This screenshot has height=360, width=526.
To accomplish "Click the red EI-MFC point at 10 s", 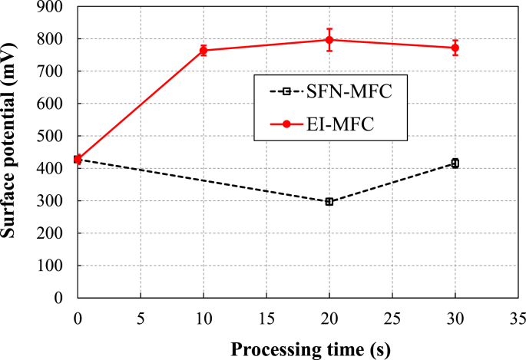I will pyautogui.click(x=203, y=50).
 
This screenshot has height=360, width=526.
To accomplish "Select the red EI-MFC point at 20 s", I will pyautogui.click(x=329, y=40).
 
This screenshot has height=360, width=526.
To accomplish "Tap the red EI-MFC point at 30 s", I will pyautogui.click(x=455, y=48).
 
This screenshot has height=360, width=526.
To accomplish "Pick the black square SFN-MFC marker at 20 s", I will pyautogui.click(x=329, y=202).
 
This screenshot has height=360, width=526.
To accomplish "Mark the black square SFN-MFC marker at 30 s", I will pyautogui.click(x=455, y=163).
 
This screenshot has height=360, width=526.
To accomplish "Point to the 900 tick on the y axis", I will pyautogui.click(x=53, y=7).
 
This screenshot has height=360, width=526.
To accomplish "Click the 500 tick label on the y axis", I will pyautogui.click(x=53, y=136).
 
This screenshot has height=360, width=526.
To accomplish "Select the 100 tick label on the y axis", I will pyautogui.click(x=53, y=266).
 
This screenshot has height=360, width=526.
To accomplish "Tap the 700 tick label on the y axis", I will pyautogui.click(x=53, y=71).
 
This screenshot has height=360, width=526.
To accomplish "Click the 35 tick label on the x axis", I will pyautogui.click(x=518, y=315).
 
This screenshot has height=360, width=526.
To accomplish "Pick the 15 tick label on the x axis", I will pyautogui.click(x=266, y=315).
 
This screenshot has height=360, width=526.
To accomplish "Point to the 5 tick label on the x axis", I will pyautogui.click(x=141, y=315).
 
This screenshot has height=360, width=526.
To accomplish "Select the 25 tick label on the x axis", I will pyautogui.click(x=392, y=315).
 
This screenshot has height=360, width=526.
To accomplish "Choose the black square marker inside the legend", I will pyautogui.click(x=286, y=92).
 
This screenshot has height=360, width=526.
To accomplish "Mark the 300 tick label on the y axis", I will pyautogui.click(x=53, y=201).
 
